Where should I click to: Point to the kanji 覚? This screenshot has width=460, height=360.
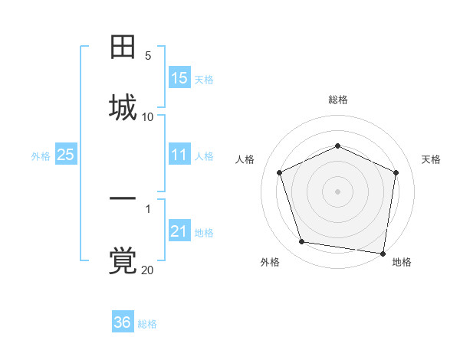123,260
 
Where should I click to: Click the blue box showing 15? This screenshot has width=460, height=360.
179,78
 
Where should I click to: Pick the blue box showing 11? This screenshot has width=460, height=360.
179,155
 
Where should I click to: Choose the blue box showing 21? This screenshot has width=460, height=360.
179,231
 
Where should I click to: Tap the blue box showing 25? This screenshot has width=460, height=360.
65,155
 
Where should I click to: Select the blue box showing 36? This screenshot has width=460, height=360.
123,322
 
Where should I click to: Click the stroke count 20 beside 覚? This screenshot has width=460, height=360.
148,270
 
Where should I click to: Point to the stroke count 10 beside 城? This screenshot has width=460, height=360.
148,116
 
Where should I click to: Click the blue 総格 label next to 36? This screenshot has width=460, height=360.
148,323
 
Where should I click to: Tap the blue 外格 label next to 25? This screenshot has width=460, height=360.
41,155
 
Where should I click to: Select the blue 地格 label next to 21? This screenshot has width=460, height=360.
204,232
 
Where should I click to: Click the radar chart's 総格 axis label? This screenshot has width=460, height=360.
338,100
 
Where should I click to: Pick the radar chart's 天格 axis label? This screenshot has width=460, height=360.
432,159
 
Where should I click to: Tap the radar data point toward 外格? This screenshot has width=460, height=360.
302,242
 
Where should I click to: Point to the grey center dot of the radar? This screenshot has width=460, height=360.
338,191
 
